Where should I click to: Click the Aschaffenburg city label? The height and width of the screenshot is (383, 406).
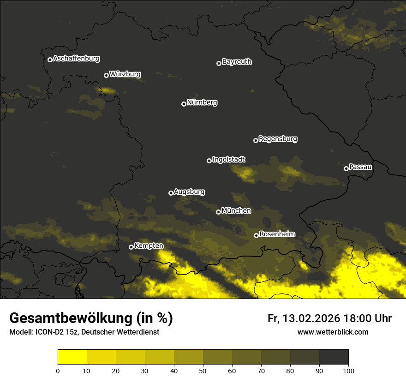coord(76,59)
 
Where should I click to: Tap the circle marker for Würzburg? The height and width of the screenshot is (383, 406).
coord(106,75)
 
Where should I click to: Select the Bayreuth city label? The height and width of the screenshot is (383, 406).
coord(237,62)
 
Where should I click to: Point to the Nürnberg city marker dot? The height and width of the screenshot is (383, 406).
coord(184,104)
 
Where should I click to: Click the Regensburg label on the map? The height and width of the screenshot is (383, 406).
coord(278,139)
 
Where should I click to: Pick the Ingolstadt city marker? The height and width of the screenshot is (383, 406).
coord(209,161)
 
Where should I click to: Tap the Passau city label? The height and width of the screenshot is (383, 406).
coord(360,167)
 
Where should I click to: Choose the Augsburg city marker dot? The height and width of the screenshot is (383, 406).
coord(171,193)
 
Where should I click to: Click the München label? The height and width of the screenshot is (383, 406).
coord(236,211)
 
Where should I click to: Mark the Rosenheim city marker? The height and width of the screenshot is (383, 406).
coord(256,235)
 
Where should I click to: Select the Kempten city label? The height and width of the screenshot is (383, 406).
coord(149,246)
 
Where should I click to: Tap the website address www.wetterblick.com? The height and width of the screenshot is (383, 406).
coord(333,332)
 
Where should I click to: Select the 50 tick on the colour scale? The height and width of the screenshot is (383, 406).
coord(203,370)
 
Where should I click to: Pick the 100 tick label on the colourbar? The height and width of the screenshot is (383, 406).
coord(348,370)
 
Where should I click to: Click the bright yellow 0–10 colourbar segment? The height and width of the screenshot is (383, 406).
coord(72,357)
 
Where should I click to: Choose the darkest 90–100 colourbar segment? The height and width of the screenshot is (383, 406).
coord(334,357)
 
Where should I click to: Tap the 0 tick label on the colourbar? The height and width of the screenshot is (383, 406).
coord(58,370)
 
